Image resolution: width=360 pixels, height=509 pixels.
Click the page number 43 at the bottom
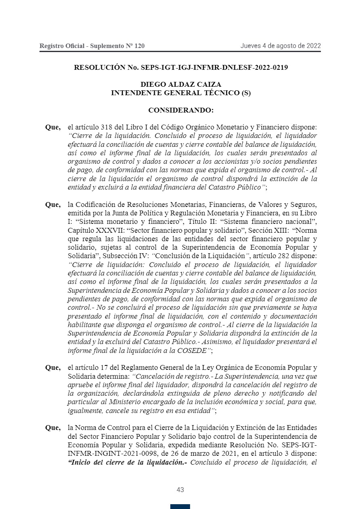(x=180, y=490)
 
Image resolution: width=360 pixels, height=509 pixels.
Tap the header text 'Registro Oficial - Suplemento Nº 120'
(x=92, y=46)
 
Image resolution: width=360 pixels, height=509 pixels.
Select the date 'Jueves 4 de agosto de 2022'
(x=280, y=46)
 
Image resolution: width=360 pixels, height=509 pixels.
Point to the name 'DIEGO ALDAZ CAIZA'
(x=180, y=85)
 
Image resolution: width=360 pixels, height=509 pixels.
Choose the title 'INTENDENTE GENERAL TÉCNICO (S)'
(x=180, y=93)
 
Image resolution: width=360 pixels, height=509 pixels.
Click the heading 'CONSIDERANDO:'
(x=180, y=110)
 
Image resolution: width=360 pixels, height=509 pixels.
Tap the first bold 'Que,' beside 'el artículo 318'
(x=53, y=127)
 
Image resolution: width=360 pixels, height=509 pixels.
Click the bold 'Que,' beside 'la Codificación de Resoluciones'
(x=53, y=204)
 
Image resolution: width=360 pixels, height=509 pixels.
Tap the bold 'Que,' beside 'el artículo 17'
(x=53, y=367)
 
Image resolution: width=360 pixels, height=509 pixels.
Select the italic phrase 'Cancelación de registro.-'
(x=169, y=376)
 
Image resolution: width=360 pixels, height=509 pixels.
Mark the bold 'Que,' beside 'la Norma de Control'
(x=53, y=428)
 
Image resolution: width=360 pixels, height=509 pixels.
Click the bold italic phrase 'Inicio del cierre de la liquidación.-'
(x=128, y=462)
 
